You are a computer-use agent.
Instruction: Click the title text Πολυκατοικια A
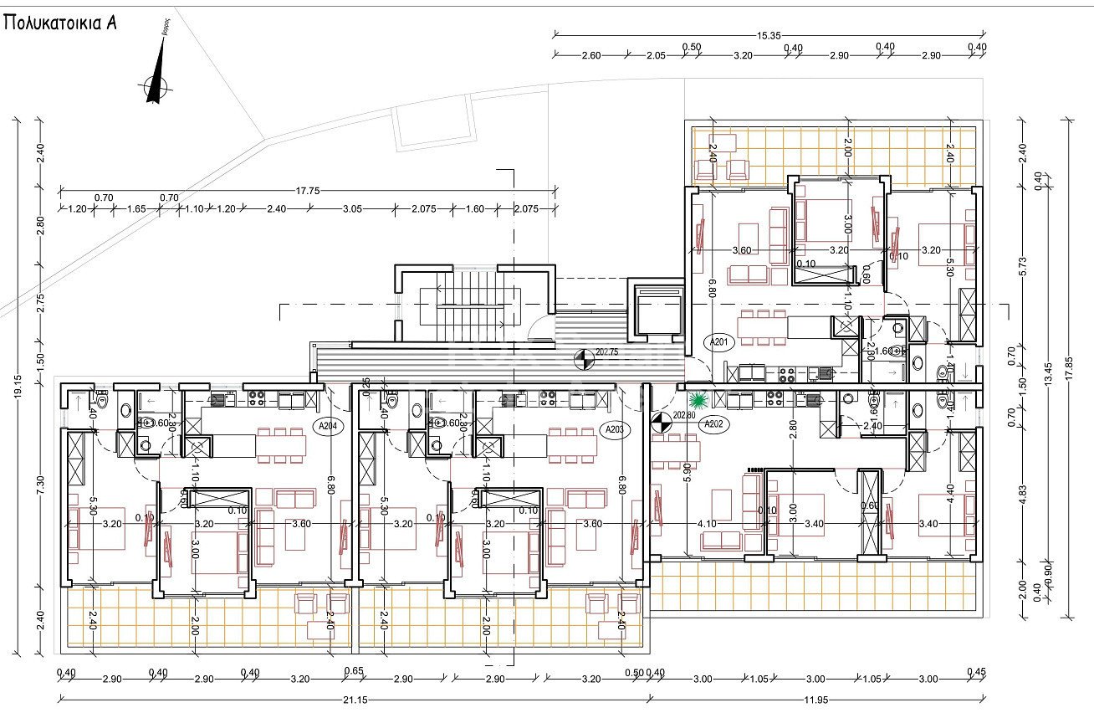(x=59, y=23)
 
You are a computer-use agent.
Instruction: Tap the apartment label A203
(x=614, y=429)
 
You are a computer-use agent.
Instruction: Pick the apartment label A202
(x=713, y=424)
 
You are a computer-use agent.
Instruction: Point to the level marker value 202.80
(x=683, y=414)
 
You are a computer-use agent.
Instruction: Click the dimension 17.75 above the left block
(x=308, y=191)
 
